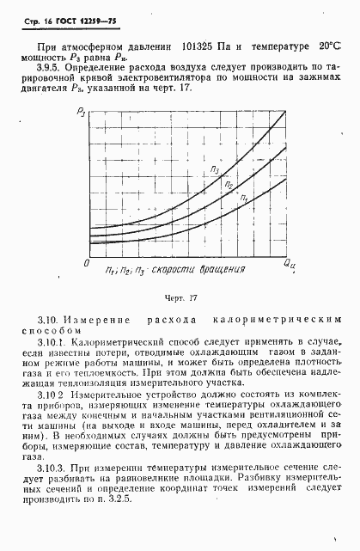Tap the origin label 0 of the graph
(x=76, y=260)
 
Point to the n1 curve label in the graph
(x=243, y=199)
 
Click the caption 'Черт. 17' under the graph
(x=180, y=298)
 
